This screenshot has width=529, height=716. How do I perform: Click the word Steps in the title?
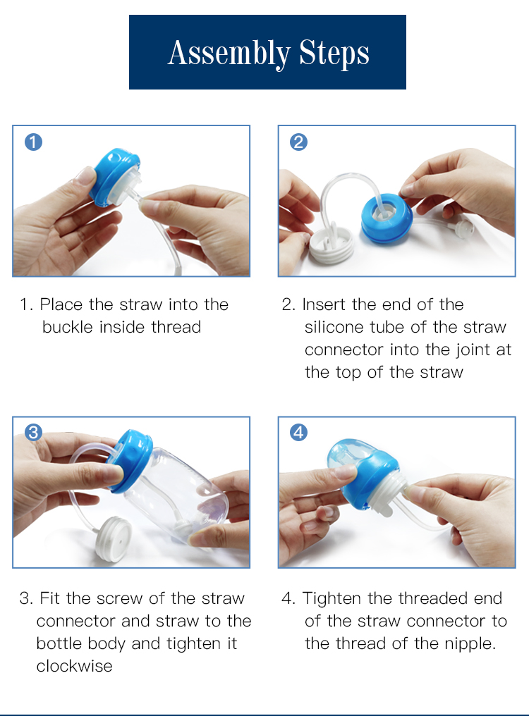coord(334,54)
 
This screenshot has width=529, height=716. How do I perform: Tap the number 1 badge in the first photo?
coord(33,142)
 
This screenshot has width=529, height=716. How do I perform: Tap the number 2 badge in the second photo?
coord(298,142)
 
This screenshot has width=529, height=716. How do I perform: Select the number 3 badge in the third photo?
coord(33,433)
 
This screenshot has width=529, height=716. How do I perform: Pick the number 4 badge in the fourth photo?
coord(298,433)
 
